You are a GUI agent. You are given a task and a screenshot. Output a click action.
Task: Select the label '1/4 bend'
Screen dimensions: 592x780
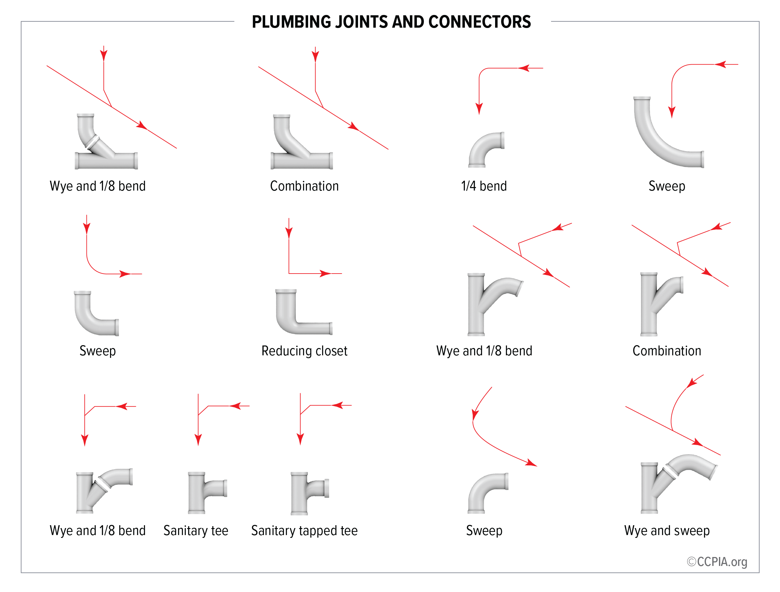coord(484,186)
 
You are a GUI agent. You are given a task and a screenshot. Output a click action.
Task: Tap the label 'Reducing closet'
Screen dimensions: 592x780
coord(304,351)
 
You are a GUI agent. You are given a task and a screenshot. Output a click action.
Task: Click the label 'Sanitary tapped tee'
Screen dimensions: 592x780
coord(304,531)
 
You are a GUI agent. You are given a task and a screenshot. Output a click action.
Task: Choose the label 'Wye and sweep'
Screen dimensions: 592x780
coord(667,531)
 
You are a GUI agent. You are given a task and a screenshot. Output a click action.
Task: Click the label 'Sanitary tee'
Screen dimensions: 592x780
coord(196,531)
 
